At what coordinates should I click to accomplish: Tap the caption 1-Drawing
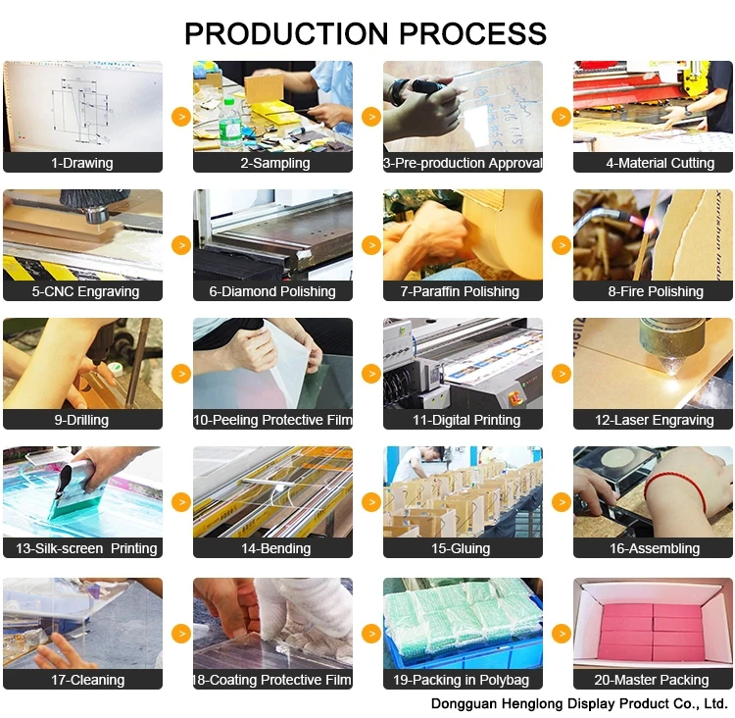tap(82, 163)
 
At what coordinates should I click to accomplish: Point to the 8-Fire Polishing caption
tap(655, 291)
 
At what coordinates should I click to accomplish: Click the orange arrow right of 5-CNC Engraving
tap(180, 244)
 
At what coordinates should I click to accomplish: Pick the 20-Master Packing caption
tap(654, 679)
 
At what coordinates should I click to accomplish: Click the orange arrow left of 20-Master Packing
tap(562, 633)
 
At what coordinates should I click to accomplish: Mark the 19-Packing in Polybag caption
tap(463, 679)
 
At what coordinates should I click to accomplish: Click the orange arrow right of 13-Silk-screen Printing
tap(180, 501)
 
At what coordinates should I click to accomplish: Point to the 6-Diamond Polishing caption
tap(272, 291)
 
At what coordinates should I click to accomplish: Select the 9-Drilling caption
tap(81, 420)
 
